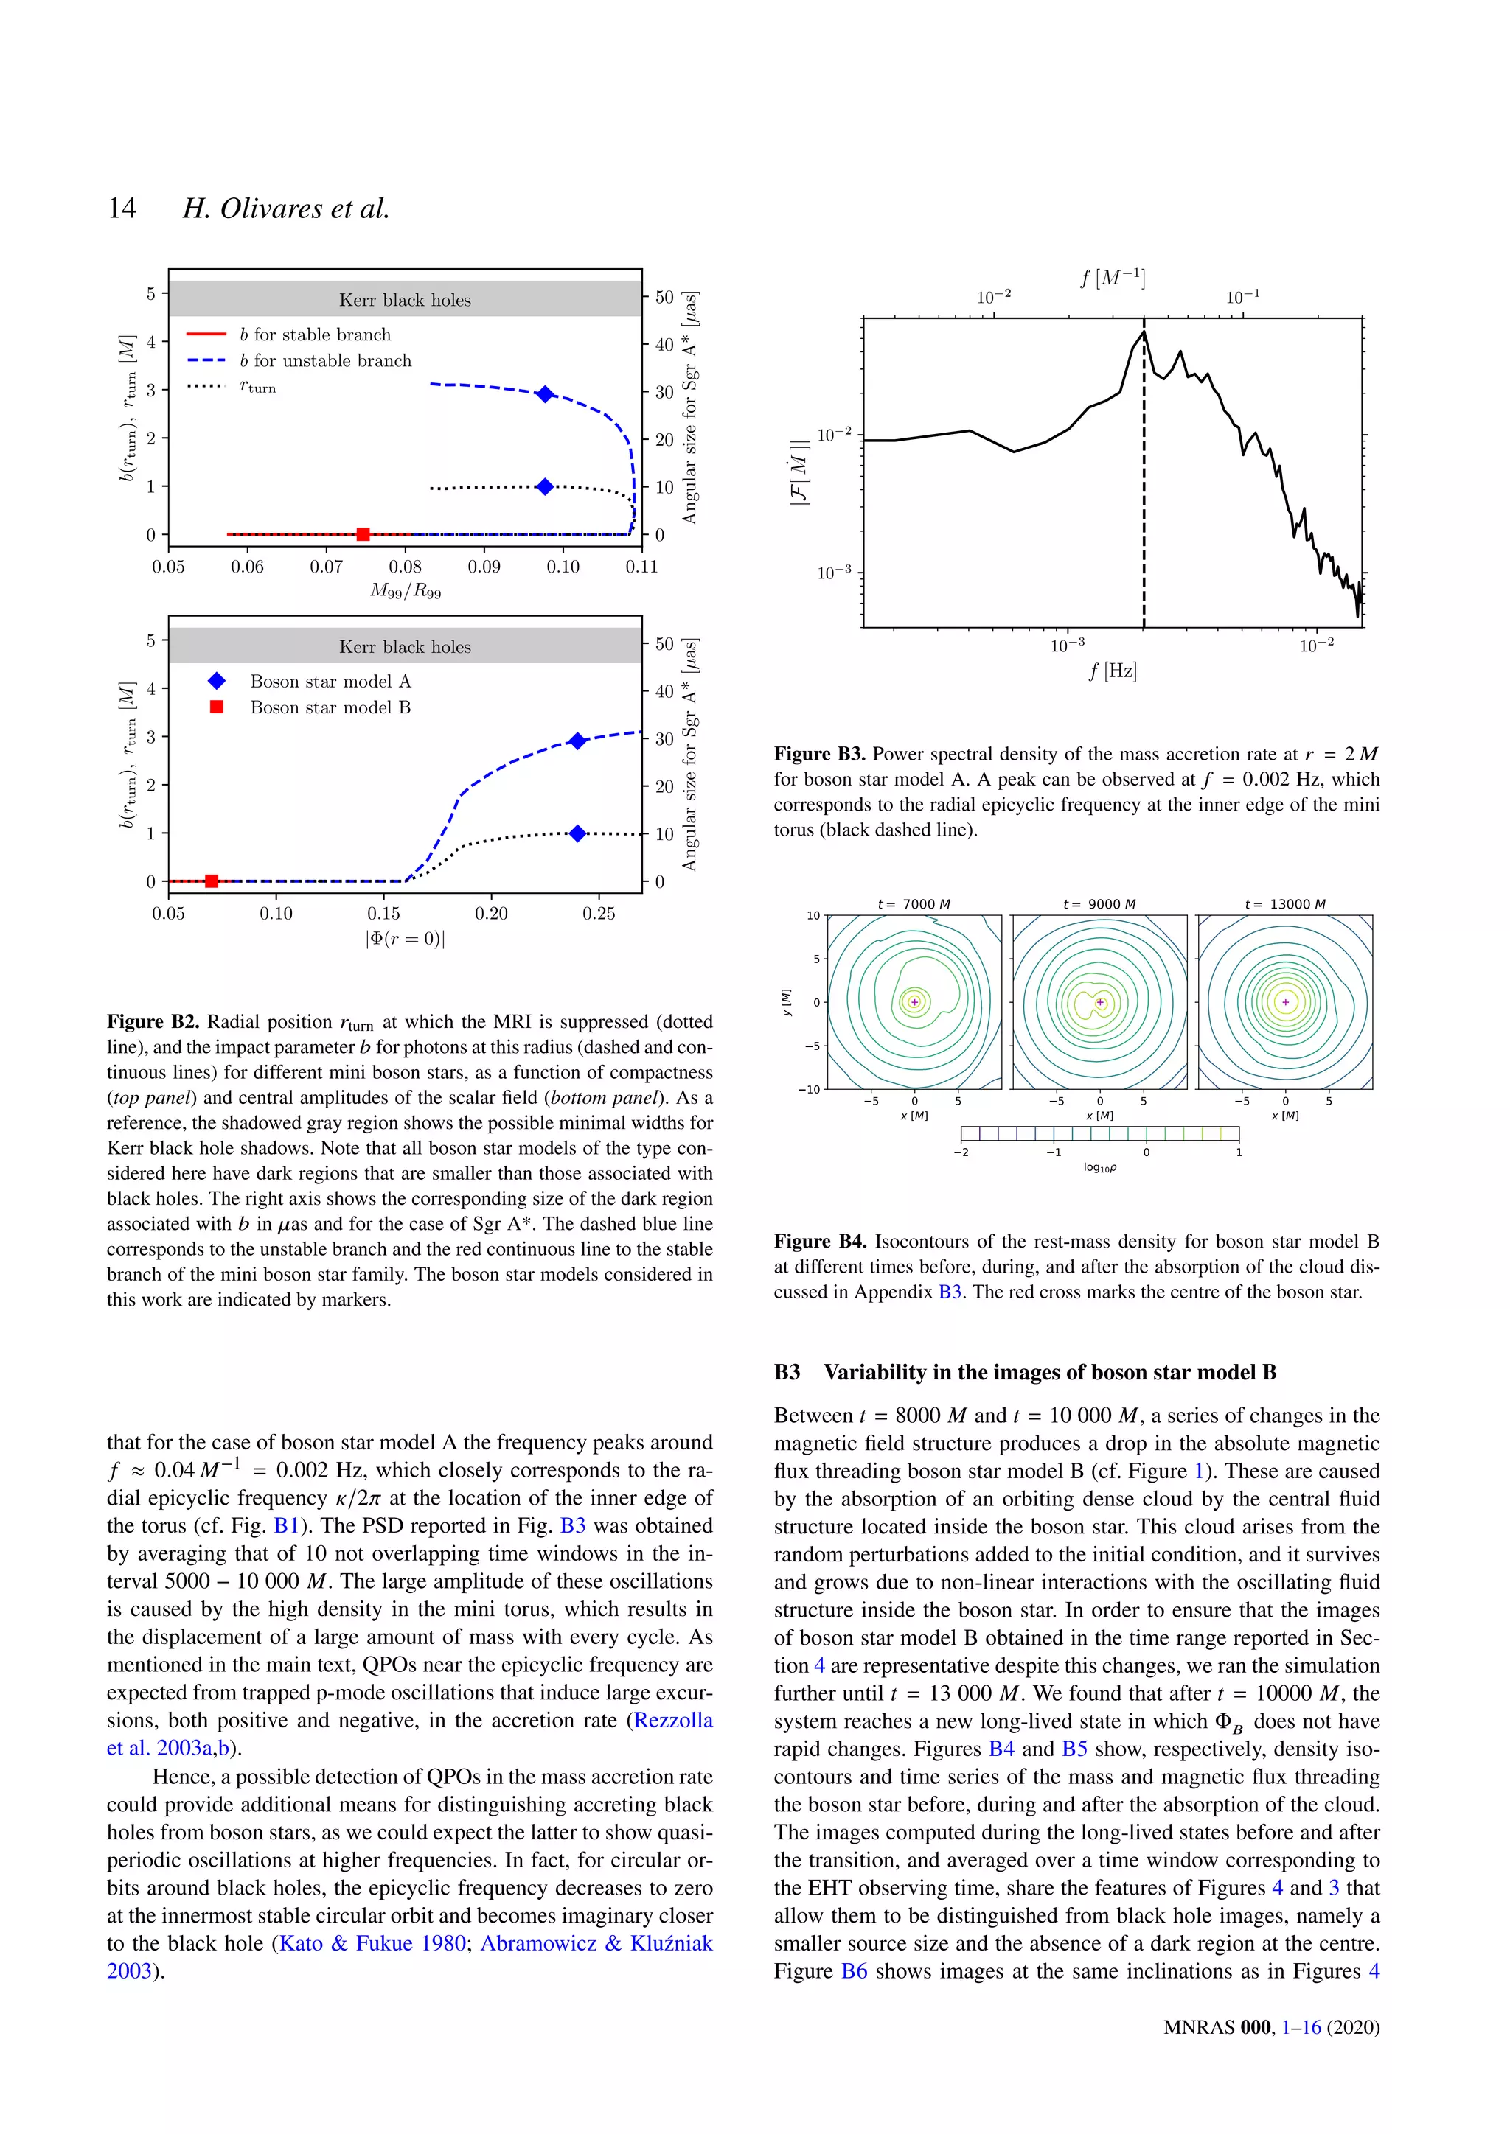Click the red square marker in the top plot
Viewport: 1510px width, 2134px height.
363,534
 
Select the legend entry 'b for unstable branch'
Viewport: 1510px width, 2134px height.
324,360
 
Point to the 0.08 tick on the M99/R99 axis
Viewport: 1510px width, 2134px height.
406,567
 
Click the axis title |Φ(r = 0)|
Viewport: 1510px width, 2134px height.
406,939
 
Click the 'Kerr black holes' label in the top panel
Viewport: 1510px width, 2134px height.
406,300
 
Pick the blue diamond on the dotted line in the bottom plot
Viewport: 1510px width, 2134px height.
577,833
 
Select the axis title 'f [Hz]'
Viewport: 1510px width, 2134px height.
1113,671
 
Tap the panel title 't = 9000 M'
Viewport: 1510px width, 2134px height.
1099,904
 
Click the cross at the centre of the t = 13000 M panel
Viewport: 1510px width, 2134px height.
1286,1002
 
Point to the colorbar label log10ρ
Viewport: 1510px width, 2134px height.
1100,1168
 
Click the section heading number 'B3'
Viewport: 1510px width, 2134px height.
787,1373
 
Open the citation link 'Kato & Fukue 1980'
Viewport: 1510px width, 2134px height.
373,1943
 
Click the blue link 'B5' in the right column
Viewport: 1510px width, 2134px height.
1074,1749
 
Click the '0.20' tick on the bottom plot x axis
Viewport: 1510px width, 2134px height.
491,914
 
